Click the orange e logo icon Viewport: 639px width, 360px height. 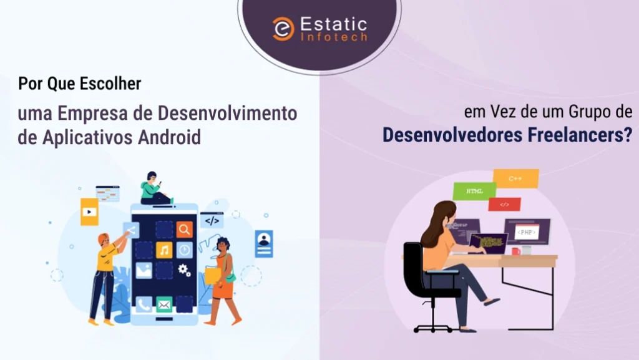(283, 29)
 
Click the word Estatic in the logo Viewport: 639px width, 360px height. (334, 24)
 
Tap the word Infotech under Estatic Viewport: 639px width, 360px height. (334, 37)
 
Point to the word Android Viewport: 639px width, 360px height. (169, 137)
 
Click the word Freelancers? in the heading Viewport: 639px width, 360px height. (580, 135)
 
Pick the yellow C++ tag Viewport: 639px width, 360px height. (516, 178)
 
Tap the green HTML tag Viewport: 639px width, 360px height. (474, 191)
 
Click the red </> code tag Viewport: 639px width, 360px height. (504, 205)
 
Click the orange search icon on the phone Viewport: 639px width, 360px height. (184, 230)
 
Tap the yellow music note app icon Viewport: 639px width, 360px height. (164, 250)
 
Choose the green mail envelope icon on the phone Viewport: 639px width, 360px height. (164, 304)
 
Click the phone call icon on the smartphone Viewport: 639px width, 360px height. (144, 304)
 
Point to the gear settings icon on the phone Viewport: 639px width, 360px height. (184, 270)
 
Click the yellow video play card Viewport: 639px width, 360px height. (90, 212)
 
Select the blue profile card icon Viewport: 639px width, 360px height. (264, 244)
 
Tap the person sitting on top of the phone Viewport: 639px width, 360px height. (155, 188)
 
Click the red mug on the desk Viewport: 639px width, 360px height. (516, 251)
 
